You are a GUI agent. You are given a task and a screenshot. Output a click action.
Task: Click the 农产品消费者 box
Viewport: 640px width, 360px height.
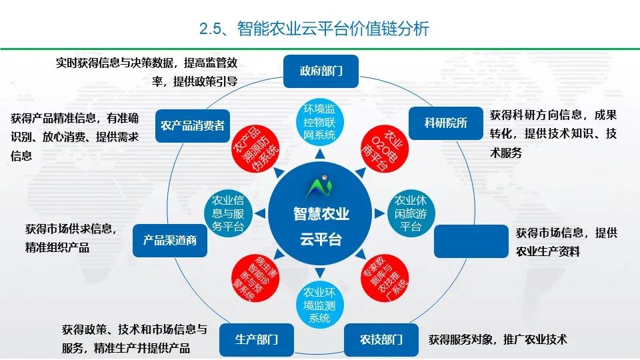[193, 125]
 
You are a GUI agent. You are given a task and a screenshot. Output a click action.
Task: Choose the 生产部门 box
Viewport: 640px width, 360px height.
[256, 339]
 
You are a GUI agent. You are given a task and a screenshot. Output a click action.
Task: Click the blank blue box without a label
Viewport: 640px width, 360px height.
[471, 241]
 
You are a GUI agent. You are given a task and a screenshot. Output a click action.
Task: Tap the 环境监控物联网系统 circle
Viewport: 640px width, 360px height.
[319, 121]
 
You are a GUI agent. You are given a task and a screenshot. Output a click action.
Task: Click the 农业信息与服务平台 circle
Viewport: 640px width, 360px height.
[227, 214]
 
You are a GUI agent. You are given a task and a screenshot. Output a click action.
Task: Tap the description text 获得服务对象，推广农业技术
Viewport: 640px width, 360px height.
[497, 339]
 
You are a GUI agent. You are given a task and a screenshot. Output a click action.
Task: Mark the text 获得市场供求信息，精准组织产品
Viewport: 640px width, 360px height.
[71, 238]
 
